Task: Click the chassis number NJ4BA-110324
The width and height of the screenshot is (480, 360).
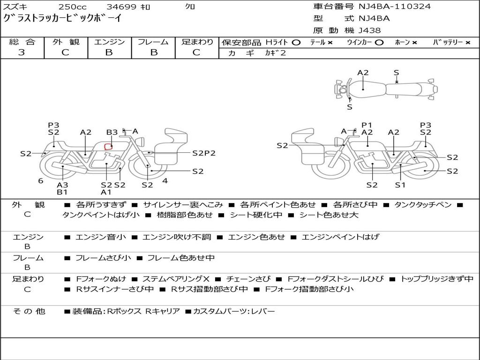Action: pyautogui.click(x=395, y=7)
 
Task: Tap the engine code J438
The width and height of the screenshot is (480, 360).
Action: pyautogui.click(x=370, y=30)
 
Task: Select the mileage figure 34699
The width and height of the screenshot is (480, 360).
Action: pyautogui.click(x=121, y=7)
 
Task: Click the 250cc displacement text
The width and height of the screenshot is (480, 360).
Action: pyautogui.click(x=73, y=7)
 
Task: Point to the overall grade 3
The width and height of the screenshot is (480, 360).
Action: pyautogui.click(x=22, y=52)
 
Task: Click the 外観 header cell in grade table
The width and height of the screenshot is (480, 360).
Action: pyautogui.click(x=66, y=42)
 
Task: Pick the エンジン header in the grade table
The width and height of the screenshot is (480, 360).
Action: pyautogui.click(x=109, y=42)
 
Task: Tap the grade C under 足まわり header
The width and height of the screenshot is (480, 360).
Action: pyautogui.click(x=196, y=52)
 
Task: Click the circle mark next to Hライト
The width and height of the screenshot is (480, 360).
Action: pyautogui.click(x=296, y=43)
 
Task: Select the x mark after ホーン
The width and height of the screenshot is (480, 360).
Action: pyautogui.click(x=414, y=43)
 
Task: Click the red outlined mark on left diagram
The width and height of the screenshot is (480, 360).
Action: pyautogui.click(x=108, y=147)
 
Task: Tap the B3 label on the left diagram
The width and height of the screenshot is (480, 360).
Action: pyautogui.click(x=112, y=133)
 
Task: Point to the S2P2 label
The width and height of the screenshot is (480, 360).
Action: pyautogui.click(x=204, y=153)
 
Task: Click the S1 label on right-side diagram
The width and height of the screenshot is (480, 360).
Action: pyautogui.click(x=400, y=185)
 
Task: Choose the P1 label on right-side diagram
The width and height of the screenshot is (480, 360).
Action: pyautogui.click(x=367, y=125)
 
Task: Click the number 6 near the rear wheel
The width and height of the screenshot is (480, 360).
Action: pyautogui.click(x=41, y=180)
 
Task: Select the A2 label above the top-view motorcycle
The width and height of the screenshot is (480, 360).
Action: pyautogui.click(x=363, y=73)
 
